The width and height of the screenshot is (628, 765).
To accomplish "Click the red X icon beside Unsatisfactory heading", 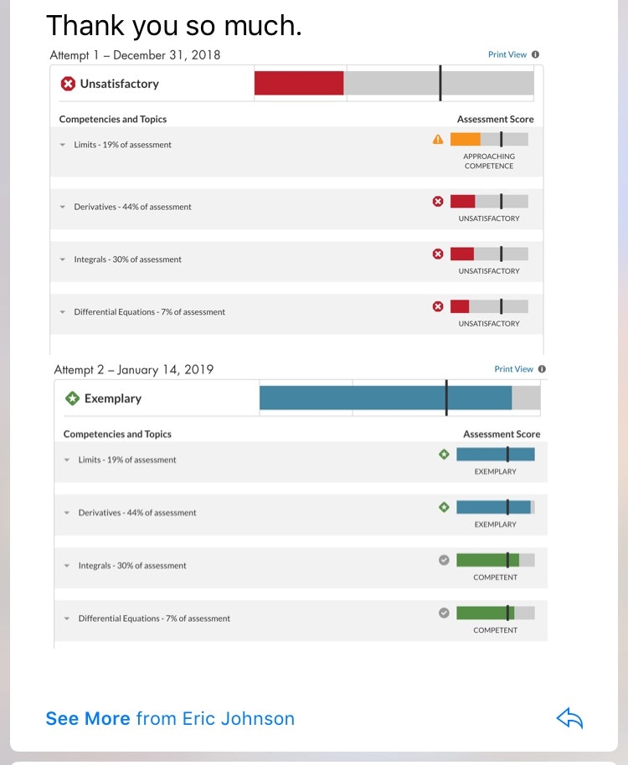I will pyautogui.click(x=69, y=84).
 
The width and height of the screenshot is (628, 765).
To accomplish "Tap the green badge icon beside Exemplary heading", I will pyautogui.click(x=73, y=398).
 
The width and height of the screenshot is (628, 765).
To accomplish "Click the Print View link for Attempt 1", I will pyautogui.click(x=507, y=54).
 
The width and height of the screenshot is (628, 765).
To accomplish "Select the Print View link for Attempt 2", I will pyautogui.click(x=513, y=369).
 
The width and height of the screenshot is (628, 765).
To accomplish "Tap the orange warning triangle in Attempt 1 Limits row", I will pyautogui.click(x=438, y=140).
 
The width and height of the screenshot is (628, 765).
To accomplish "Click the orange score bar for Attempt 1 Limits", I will pyautogui.click(x=465, y=140).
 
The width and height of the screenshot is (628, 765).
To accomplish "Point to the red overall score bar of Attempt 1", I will pyautogui.click(x=299, y=83).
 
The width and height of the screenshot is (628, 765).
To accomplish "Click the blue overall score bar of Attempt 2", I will pyautogui.click(x=385, y=398).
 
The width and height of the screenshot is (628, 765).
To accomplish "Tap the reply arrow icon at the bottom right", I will pyautogui.click(x=569, y=718).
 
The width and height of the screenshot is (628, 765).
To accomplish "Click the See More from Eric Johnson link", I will pyautogui.click(x=170, y=718).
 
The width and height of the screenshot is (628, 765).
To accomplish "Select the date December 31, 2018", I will pyautogui.click(x=167, y=55).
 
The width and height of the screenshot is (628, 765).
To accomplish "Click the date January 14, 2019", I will pyautogui.click(x=165, y=370).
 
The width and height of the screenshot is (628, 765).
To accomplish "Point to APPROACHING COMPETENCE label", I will pyautogui.click(x=489, y=161).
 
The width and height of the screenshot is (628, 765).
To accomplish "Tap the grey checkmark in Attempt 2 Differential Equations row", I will pyautogui.click(x=444, y=613).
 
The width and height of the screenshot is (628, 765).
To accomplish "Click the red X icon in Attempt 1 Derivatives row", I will pyautogui.click(x=438, y=201).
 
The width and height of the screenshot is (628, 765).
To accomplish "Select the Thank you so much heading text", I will pyautogui.click(x=173, y=25).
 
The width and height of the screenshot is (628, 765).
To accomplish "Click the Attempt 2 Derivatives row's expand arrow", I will pyautogui.click(x=67, y=513).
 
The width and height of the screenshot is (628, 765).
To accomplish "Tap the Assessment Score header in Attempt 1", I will pyautogui.click(x=495, y=119).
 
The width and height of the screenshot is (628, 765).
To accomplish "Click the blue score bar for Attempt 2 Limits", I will pyautogui.click(x=495, y=454).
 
